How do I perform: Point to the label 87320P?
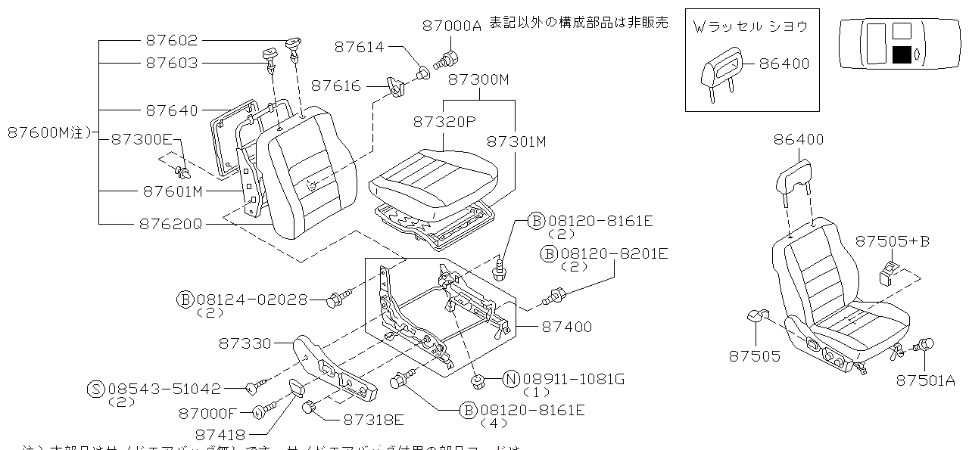tap(444, 121)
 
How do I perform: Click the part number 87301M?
tap(516, 141)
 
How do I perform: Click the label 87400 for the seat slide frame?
tap(567, 327)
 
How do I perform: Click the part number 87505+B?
tap(892, 241)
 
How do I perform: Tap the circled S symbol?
tap(95, 389)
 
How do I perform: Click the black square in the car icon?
tap(901, 54)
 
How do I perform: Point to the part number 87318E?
tap(373, 419)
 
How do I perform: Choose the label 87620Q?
tap(170, 225)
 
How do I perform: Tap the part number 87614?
tap(360, 48)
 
